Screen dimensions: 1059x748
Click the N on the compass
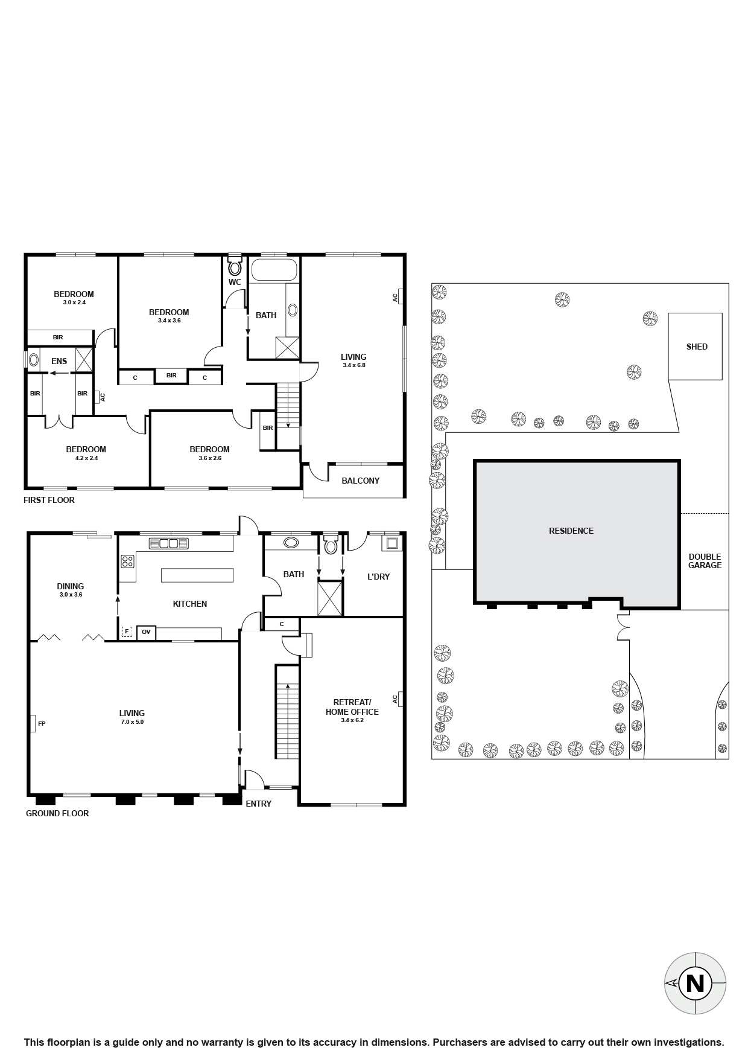tap(695, 984)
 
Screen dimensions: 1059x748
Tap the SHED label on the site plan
tap(697, 347)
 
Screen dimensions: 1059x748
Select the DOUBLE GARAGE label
tap(705, 561)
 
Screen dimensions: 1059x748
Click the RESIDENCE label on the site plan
tap(571, 531)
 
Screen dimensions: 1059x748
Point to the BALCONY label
tap(360, 481)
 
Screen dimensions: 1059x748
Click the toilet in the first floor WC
tap(235, 267)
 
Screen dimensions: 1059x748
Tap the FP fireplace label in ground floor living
tap(42, 723)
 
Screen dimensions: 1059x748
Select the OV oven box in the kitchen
tap(146, 632)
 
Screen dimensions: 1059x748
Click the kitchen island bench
tap(197, 574)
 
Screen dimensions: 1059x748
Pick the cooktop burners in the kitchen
tap(127, 561)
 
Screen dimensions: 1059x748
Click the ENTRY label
tap(258, 804)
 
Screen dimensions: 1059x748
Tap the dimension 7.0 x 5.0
tap(132, 722)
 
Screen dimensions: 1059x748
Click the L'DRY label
tap(378, 577)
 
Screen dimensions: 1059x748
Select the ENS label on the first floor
tap(59, 361)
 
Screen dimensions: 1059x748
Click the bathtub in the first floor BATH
tap(274, 270)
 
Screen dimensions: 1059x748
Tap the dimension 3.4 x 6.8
tap(353, 365)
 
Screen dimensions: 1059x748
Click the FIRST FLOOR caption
tap(49, 500)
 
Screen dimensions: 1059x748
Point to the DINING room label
tap(70, 586)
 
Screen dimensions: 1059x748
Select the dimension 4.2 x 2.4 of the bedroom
tap(86, 458)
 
